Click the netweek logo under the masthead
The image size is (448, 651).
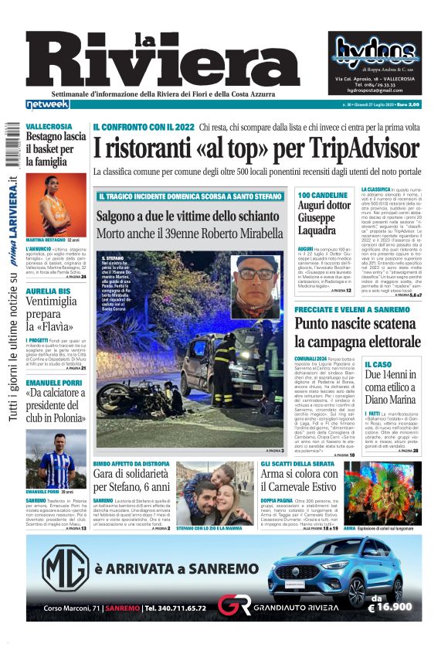pos(47,104)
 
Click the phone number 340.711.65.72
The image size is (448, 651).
pos(171,608)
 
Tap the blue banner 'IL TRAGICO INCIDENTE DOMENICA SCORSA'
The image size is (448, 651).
pos(190,197)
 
